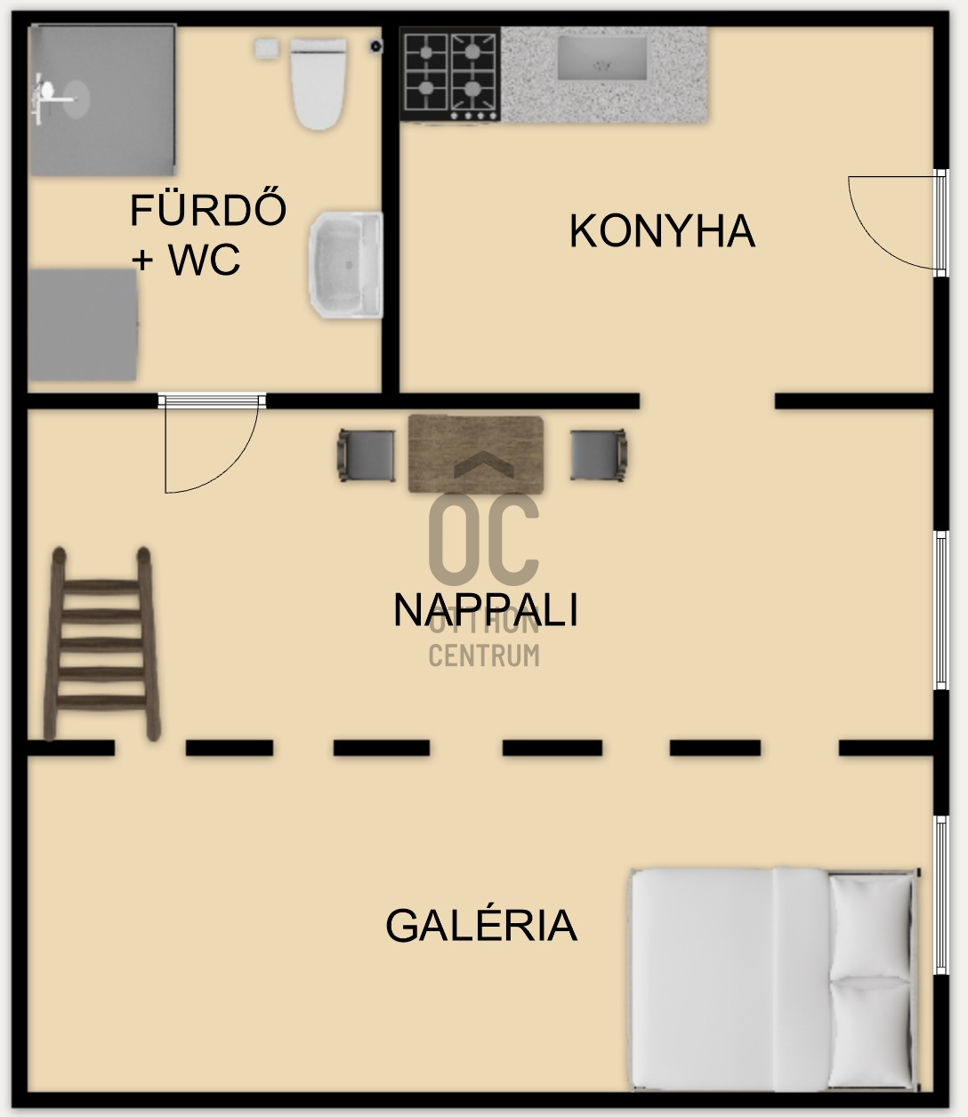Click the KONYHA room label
(662, 231)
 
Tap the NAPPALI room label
(485, 611)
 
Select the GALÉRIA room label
(480, 926)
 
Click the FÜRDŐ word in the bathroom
(208, 211)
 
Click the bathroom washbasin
(345, 265)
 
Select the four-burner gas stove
(450, 75)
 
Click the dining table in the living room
(476, 454)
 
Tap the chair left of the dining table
(366, 455)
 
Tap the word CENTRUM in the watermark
(484, 656)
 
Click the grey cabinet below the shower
(83, 324)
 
